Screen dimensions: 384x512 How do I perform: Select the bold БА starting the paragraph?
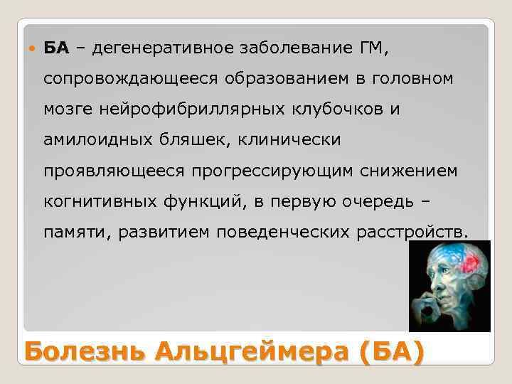point(56,48)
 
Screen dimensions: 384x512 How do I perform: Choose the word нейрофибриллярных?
point(193,109)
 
